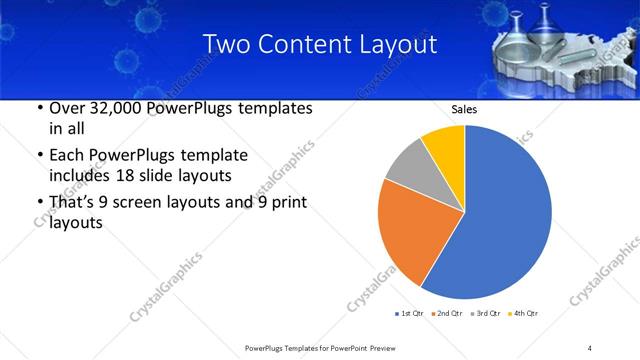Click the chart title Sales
[464, 109]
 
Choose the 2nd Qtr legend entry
[446, 314]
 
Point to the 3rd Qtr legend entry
[484, 314]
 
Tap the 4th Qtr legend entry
[522, 314]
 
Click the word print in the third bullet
[290, 203]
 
